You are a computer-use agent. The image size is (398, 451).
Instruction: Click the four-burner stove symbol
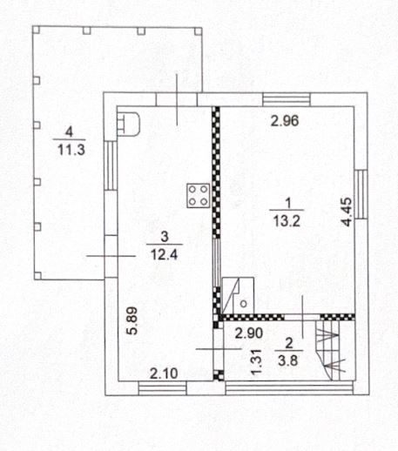tap(198, 195)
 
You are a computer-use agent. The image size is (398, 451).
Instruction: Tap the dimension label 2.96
tap(285, 121)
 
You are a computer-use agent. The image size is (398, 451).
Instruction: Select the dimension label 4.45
tap(347, 212)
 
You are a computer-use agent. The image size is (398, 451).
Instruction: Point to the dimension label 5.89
tap(132, 321)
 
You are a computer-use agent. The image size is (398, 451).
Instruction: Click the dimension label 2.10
tap(164, 374)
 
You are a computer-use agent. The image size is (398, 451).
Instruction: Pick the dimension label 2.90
tap(249, 333)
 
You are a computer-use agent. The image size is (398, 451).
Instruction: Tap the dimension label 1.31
tap(257, 362)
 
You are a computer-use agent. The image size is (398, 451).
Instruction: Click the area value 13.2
tap(287, 222)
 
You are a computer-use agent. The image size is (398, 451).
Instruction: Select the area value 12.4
tap(164, 255)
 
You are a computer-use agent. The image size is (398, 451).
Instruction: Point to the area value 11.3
tap(71, 150)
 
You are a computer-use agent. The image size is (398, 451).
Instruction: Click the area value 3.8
tap(288, 361)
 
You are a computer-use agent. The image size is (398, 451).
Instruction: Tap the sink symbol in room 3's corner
tap(128, 125)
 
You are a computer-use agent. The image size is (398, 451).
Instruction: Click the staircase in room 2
tap(331, 351)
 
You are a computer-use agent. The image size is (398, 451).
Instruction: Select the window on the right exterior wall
tap(361, 194)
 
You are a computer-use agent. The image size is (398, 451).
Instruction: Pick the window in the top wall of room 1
tap(287, 99)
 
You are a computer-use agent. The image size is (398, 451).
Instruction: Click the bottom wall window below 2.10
tap(162, 388)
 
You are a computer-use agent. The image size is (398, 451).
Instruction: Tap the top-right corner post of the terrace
tap(198, 31)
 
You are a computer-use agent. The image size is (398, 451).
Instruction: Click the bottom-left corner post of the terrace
tap(37, 276)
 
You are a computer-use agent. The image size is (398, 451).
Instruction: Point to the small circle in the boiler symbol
tap(244, 304)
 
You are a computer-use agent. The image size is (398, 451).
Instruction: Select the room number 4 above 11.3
tap(69, 132)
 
